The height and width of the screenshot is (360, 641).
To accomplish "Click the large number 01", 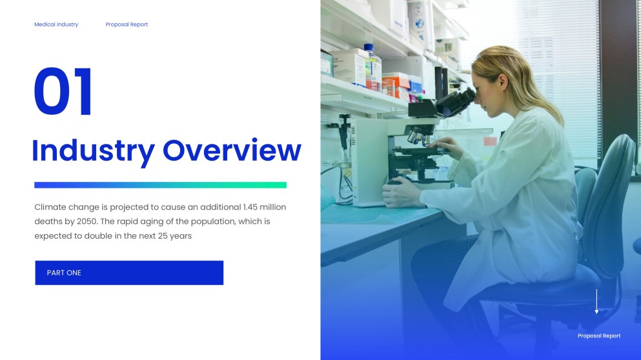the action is point(63,92).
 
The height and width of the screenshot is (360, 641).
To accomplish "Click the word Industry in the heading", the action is point(93,151).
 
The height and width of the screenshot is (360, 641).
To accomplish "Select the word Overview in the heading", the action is point(232,150).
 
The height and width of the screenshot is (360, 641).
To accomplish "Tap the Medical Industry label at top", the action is point(56,25).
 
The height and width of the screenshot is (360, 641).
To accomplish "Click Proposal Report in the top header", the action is point(127,25).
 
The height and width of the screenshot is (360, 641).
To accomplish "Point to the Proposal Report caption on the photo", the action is point(599,336).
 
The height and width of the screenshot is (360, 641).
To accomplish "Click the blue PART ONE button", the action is point(129,272).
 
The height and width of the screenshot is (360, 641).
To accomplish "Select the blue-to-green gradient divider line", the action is point(160,185).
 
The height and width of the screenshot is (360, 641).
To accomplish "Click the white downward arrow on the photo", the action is point(596,301).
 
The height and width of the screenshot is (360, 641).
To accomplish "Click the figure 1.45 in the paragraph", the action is point(250,207).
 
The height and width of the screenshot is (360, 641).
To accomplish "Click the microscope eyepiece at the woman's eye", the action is point(467,97).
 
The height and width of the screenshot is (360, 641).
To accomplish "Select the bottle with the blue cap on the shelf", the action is point(372,68).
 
